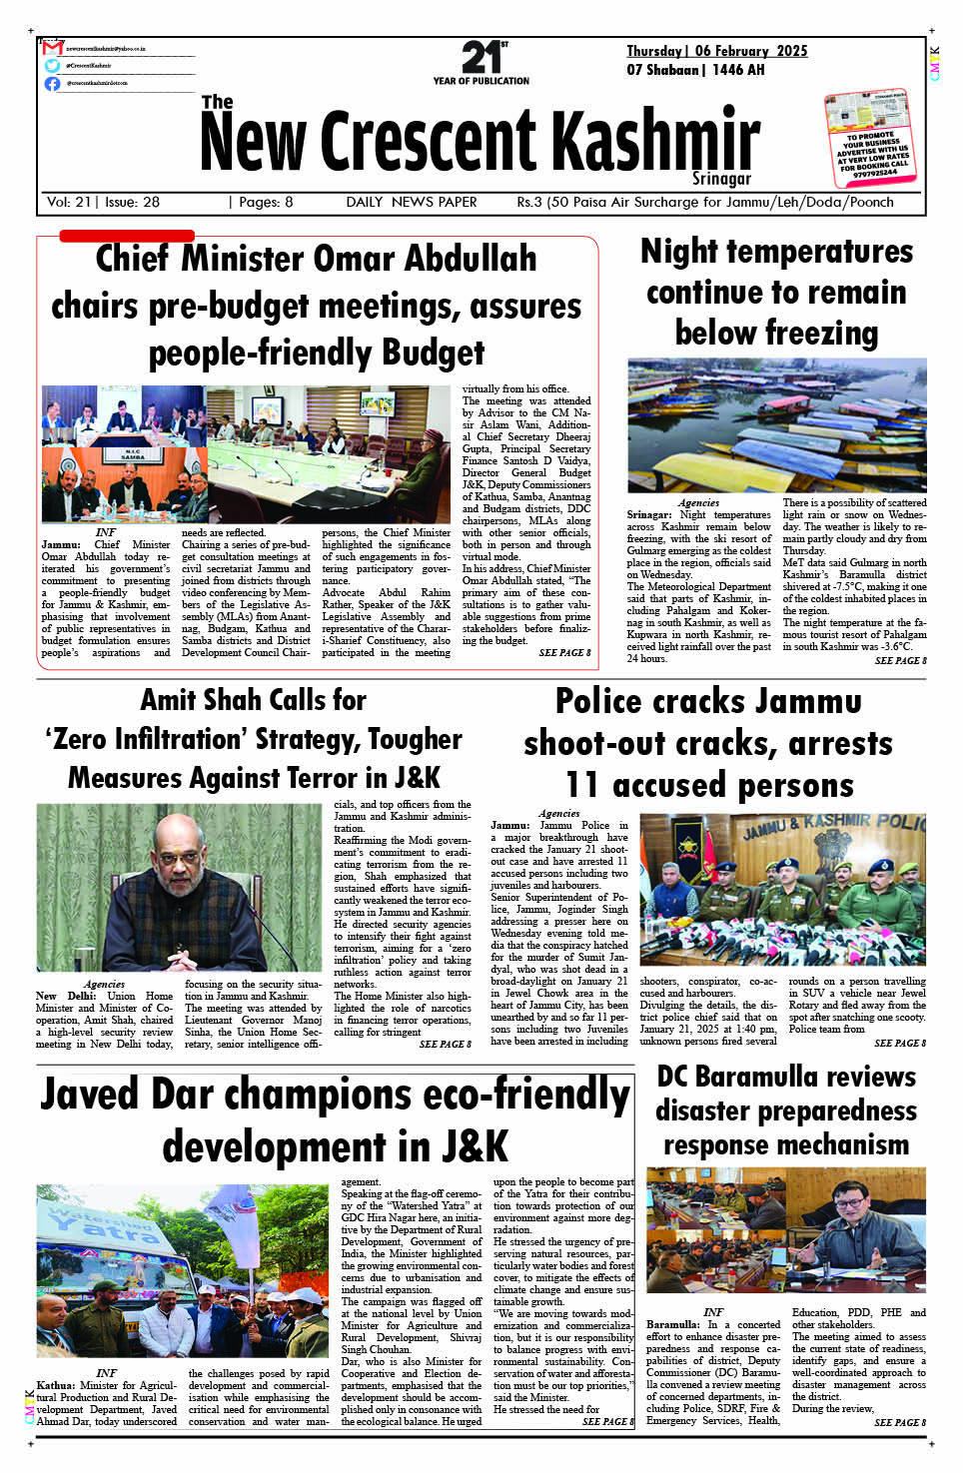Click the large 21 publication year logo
pyautogui.click(x=481, y=57)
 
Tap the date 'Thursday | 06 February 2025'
pyautogui.click(x=716, y=51)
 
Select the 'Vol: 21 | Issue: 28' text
pyautogui.click(x=103, y=202)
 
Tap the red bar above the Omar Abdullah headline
pyautogui.click(x=127, y=236)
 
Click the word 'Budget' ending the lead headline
pyautogui.click(x=433, y=353)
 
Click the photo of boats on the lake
pyautogui.click(x=776, y=425)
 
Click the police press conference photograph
pyautogui.click(x=782, y=889)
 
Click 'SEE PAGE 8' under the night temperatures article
pyautogui.click(x=900, y=660)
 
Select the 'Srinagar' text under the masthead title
pyautogui.click(x=720, y=179)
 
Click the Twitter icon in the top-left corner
pyautogui.click(x=52, y=66)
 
